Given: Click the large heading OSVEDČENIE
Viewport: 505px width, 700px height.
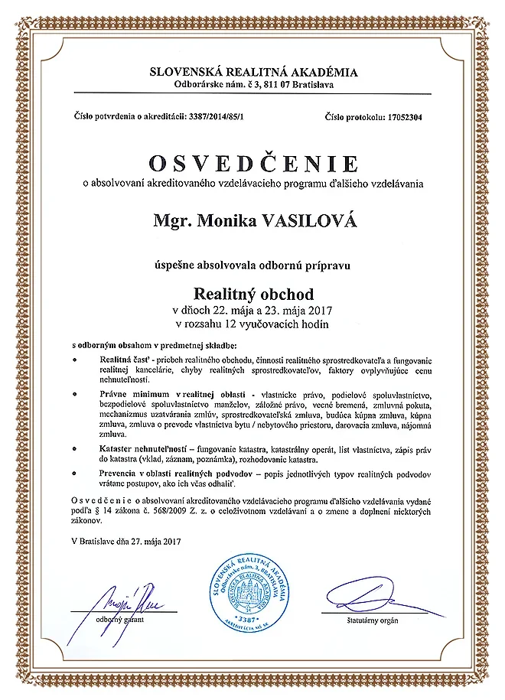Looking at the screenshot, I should click(x=252, y=164).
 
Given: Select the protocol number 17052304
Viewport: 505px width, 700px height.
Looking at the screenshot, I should click(x=411, y=118).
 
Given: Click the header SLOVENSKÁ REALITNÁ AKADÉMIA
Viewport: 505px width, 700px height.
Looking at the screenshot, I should click(x=252, y=73).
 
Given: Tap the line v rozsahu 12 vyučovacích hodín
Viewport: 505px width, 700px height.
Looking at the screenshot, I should click(x=252, y=324).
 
